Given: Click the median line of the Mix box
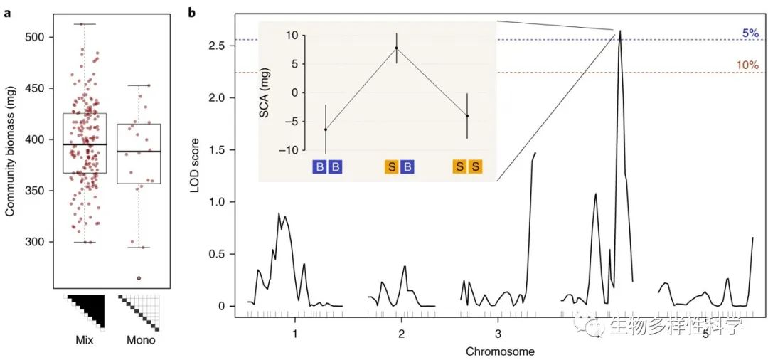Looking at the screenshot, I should tap(85, 144).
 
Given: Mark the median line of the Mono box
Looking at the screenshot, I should tap(138, 152).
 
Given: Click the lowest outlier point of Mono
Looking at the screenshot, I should tap(139, 278).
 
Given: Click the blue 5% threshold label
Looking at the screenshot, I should tap(750, 33).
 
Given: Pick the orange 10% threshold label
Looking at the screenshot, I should tap(747, 65).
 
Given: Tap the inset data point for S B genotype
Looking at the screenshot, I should tap(397, 48).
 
